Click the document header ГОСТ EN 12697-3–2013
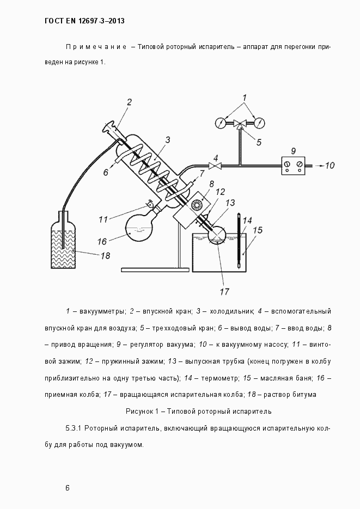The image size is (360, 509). pos(84,21)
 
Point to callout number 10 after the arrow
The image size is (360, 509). pos(330,165)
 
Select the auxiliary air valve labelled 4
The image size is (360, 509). pos(217,165)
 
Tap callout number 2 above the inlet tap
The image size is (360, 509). pos(130,102)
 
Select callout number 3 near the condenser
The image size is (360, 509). pos(168,139)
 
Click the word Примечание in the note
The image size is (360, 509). pos(96,47)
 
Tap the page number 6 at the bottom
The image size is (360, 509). pos(67,488)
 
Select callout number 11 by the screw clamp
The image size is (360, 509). pos(103,219)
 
